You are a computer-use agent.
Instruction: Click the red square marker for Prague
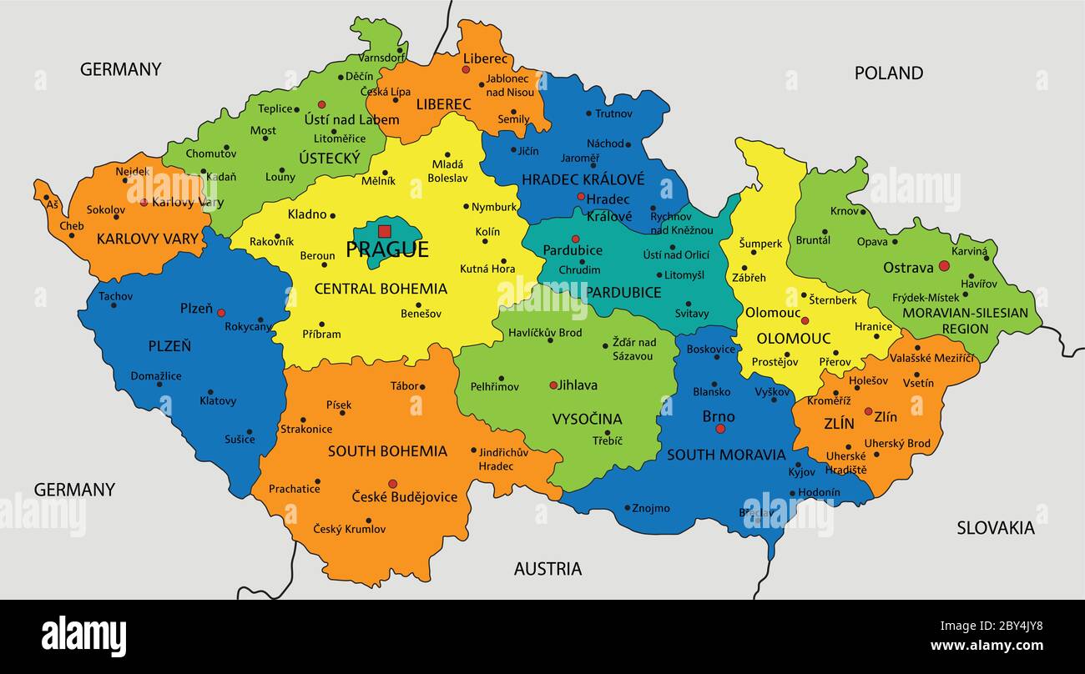(x=384, y=231)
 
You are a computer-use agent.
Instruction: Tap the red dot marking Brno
(x=720, y=429)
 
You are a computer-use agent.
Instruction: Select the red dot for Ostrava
(x=944, y=266)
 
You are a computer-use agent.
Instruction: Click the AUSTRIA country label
(x=548, y=569)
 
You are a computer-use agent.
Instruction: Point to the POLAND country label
(x=888, y=73)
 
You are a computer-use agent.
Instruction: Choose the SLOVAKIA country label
(x=995, y=527)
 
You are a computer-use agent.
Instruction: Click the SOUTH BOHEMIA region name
(x=387, y=451)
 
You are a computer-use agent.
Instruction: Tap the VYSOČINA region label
(x=587, y=419)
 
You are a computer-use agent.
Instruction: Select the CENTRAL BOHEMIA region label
(x=381, y=289)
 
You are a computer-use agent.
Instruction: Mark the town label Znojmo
(x=651, y=507)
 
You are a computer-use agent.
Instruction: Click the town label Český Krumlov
(x=350, y=529)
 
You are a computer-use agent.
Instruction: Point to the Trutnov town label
(x=614, y=113)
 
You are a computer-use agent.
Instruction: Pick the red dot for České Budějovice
(x=392, y=483)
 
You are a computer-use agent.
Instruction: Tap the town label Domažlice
(x=156, y=376)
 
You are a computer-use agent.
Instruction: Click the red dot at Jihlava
(x=553, y=385)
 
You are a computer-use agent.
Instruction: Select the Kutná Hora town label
(x=487, y=269)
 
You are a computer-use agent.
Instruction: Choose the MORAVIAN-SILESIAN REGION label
(x=965, y=320)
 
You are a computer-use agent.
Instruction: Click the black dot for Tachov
(x=114, y=305)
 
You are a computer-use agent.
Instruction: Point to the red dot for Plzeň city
(x=221, y=313)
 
